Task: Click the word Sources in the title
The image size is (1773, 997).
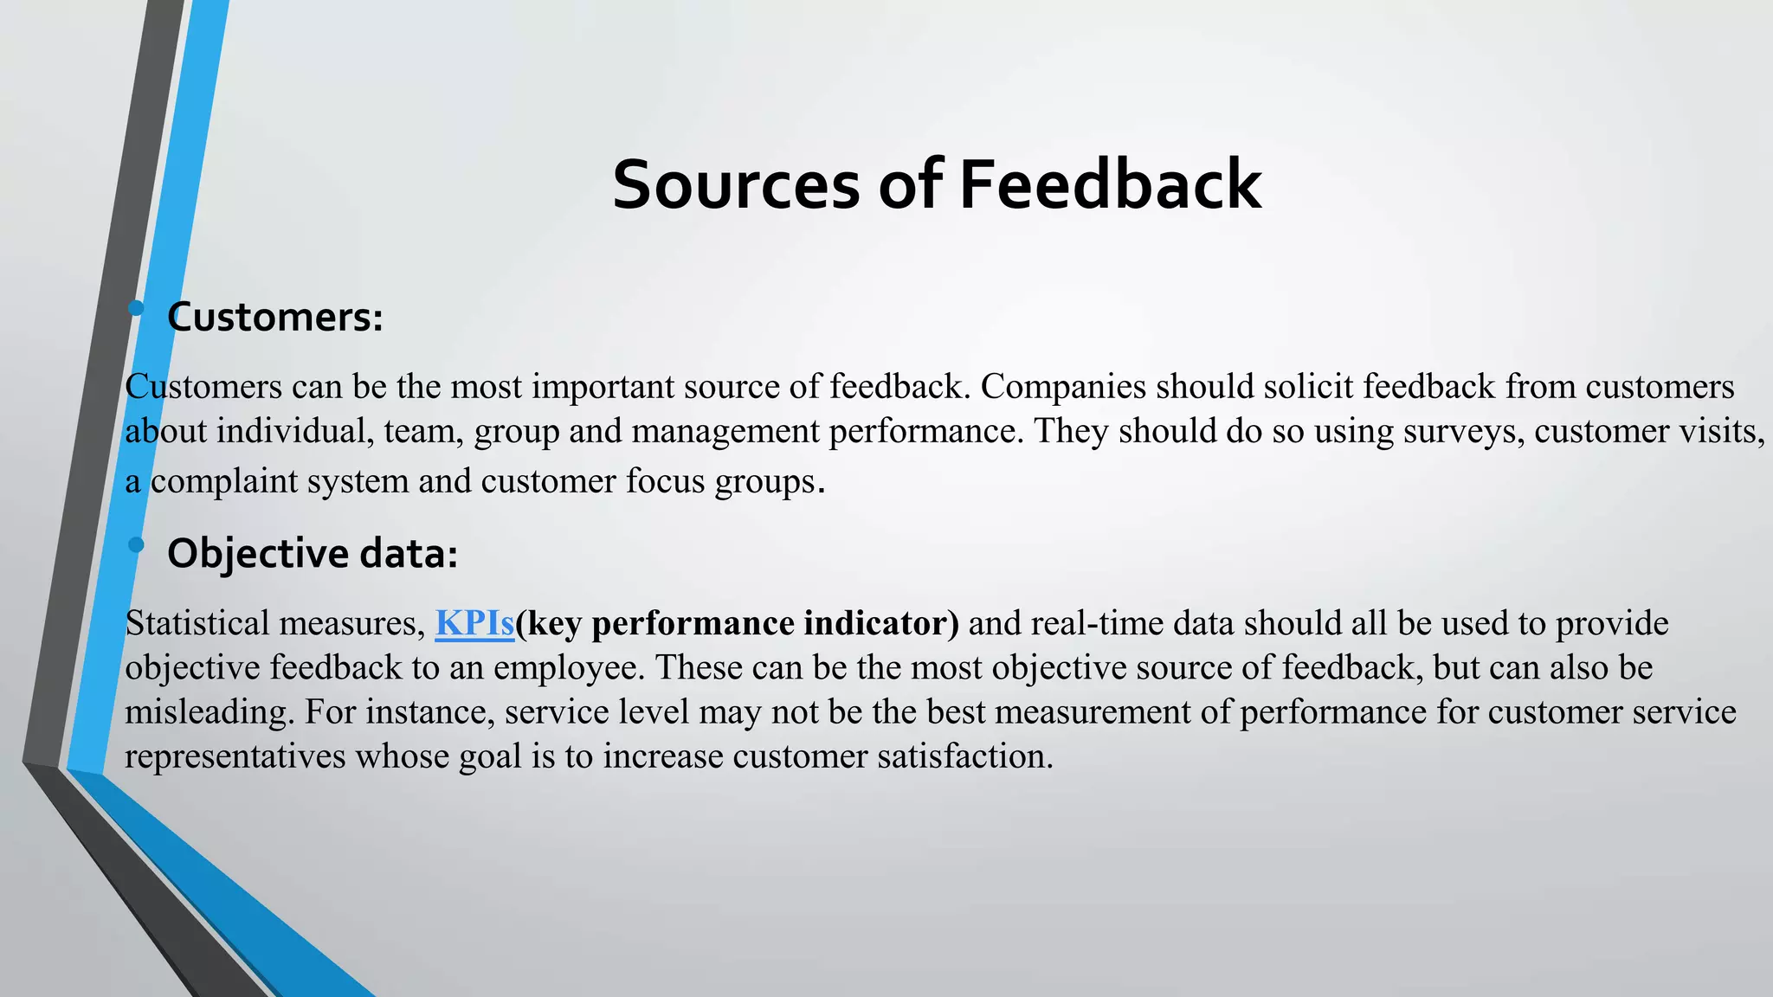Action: click(x=736, y=184)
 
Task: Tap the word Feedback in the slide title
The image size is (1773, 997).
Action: click(x=1110, y=184)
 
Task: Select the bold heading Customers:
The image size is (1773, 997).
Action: click(x=274, y=318)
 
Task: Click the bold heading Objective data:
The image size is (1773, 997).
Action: click(x=312, y=554)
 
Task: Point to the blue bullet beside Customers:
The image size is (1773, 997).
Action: click(x=136, y=308)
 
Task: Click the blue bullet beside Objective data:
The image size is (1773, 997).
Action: click(x=136, y=544)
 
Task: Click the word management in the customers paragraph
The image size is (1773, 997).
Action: click(x=725, y=431)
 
